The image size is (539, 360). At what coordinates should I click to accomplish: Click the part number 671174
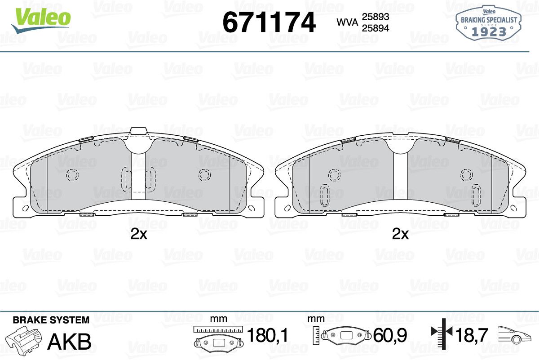coord(269,22)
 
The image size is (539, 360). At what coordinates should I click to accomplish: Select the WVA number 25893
coord(376,17)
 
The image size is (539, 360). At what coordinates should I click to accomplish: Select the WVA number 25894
coord(376,28)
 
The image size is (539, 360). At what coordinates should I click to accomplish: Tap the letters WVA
coord(348,22)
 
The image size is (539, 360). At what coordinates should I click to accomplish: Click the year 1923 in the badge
coord(489,32)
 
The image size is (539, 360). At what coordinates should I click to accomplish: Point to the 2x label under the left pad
coord(139,234)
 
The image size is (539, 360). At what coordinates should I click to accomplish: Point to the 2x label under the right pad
coord(400,234)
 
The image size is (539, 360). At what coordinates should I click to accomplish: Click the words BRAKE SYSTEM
coord(51,320)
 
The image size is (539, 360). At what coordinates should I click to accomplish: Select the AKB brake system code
coord(70,342)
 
